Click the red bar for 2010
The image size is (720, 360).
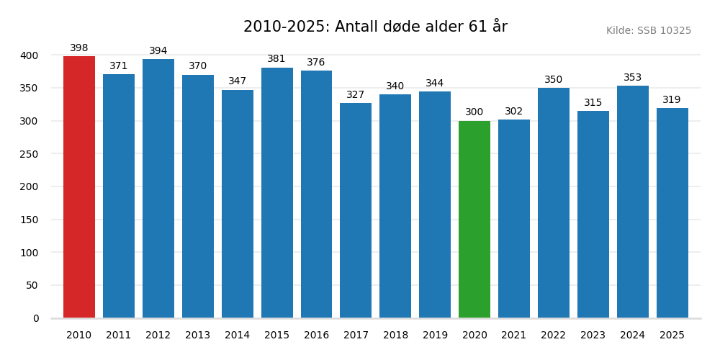tap(79, 187)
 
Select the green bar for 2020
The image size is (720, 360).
tap(474, 220)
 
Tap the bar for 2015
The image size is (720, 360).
tap(276, 193)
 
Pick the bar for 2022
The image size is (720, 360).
tap(554, 203)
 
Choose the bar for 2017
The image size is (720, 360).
tap(356, 210)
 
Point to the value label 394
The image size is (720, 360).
tap(158, 51)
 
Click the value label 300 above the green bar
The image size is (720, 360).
tap(474, 112)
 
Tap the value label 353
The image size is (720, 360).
tap(632, 78)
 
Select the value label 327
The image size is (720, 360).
tap(356, 95)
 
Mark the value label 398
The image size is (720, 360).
tap(79, 48)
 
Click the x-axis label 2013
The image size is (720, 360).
tap(198, 336)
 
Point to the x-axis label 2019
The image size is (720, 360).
tap(435, 336)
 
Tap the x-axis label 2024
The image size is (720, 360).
tap(632, 336)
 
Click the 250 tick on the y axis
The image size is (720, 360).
tap(30, 154)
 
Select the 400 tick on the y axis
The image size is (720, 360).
tap(30, 55)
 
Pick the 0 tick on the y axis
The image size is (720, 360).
tap(36, 318)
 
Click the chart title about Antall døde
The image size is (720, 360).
tap(375, 27)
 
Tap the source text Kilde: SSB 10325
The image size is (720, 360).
tap(648, 31)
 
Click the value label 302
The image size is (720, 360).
tap(514, 112)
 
